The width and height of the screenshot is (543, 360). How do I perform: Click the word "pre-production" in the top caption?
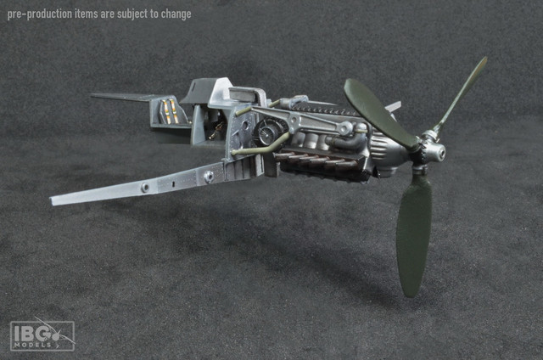[x=40, y=14]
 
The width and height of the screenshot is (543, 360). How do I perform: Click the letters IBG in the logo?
[x=32, y=334]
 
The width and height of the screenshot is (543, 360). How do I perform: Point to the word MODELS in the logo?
[x=32, y=345]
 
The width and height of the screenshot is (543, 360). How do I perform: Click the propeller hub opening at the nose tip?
[x=440, y=152]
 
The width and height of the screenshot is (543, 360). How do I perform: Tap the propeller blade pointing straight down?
[x=414, y=233]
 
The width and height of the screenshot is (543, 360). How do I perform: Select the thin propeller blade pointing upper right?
[x=461, y=93]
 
